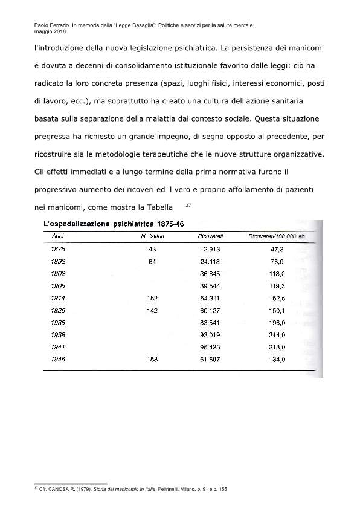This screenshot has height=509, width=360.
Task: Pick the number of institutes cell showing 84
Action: pos(152,261)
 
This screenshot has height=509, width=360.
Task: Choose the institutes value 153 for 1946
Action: pos(152,360)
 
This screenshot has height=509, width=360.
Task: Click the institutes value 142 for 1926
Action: pos(152,310)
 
